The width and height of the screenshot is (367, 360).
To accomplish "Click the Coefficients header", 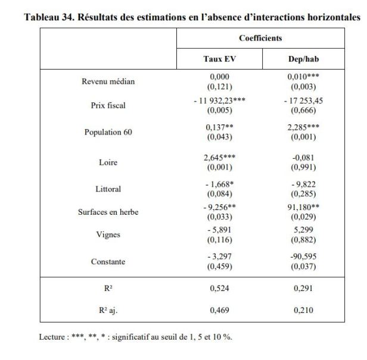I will click(260, 38).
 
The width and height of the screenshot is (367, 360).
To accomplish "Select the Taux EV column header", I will click(219, 59).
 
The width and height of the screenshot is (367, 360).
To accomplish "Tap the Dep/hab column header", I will click(303, 59).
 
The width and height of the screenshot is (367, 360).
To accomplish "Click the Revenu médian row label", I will click(108, 82).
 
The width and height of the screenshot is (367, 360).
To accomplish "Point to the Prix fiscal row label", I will click(108, 105).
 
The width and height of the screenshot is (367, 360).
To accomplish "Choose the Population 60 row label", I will click(108, 132).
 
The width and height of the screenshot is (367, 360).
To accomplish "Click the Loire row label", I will click(108, 162).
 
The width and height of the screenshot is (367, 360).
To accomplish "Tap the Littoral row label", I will click(108, 189).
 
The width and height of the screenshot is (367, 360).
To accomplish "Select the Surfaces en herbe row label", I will click(108, 212).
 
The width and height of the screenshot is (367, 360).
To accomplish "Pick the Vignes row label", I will click(108, 234).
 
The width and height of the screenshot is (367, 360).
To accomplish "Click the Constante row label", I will click(108, 261).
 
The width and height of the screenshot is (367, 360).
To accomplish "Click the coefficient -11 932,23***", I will click(219, 101).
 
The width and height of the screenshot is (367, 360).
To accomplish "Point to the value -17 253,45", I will click(303, 101).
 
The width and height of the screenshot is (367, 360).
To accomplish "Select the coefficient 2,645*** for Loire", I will click(219, 157).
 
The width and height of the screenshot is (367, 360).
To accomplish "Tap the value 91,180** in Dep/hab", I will click(303, 208).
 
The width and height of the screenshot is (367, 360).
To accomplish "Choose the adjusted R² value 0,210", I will click(303, 310).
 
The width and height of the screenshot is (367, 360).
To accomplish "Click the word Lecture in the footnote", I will click(52, 336).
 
